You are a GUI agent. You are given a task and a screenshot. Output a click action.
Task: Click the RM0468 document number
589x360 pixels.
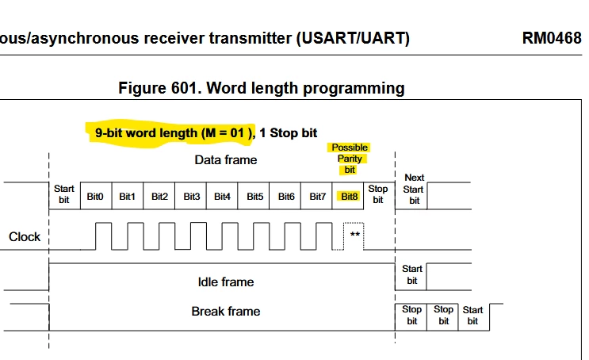[552, 38]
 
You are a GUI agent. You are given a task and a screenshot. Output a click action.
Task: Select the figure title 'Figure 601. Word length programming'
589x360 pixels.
[262, 88]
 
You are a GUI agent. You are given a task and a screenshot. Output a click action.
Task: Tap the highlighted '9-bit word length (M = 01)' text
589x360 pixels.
[174, 133]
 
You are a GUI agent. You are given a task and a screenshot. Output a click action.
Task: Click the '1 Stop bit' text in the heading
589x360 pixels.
[288, 133]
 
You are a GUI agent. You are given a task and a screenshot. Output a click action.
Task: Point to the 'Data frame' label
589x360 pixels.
[226, 159]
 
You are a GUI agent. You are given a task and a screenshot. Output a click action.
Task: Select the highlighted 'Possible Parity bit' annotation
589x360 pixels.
[350, 159]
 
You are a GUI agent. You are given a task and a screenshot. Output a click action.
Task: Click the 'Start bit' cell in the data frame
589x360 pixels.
[65, 195]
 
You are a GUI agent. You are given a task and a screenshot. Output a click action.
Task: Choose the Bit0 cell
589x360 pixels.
[96, 196]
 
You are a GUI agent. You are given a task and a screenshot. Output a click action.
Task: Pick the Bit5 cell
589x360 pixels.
[254, 196]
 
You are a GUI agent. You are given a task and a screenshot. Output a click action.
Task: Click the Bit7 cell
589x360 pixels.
[316, 196]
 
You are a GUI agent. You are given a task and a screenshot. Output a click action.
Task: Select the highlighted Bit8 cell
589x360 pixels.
[348, 196]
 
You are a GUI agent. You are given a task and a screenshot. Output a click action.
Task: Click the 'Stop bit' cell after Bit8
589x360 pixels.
[379, 195]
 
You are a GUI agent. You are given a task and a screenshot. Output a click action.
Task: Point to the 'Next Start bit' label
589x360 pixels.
[414, 189]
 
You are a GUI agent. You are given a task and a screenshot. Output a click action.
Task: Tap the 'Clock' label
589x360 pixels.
[25, 237]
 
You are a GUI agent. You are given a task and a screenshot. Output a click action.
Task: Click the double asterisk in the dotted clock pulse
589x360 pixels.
[355, 235]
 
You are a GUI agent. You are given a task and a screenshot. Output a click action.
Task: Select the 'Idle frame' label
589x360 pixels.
[226, 281]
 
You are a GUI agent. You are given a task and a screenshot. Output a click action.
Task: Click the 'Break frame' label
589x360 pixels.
[226, 311]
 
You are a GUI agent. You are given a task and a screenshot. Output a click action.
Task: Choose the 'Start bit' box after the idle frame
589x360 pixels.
[411, 276]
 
